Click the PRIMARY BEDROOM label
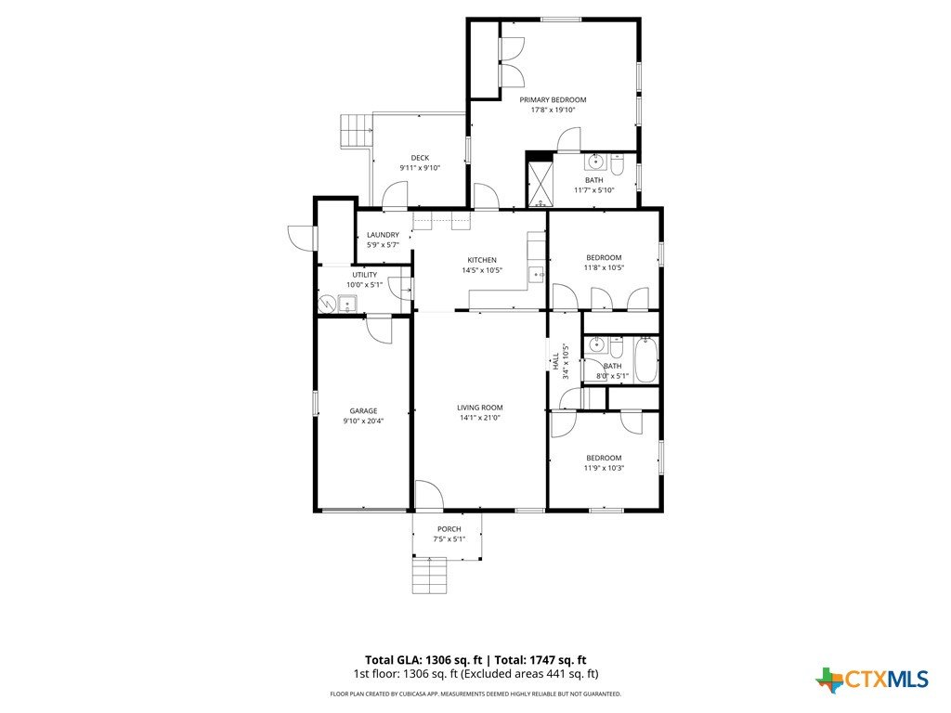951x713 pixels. pos(553,100)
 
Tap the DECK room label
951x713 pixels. pos(420,158)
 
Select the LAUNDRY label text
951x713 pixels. pos(383,235)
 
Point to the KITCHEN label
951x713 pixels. pos(482,260)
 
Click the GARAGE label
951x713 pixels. pos(363,411)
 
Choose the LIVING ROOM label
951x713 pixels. pos(480,408)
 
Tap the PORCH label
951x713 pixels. pos(449,529)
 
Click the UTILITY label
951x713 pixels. pos(364,275)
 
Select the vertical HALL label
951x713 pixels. pos(555,361)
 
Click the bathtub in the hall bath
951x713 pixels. pos(646,360)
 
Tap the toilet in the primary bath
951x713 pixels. pos(617,165)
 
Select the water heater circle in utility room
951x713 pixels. pos(327,302)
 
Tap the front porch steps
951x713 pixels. pos(430,576)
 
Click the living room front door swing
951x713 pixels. pos(428,495)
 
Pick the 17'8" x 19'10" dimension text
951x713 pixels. pos(553,110)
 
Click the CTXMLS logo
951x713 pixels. pos(872,680)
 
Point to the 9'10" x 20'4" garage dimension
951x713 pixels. pos(363,421)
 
